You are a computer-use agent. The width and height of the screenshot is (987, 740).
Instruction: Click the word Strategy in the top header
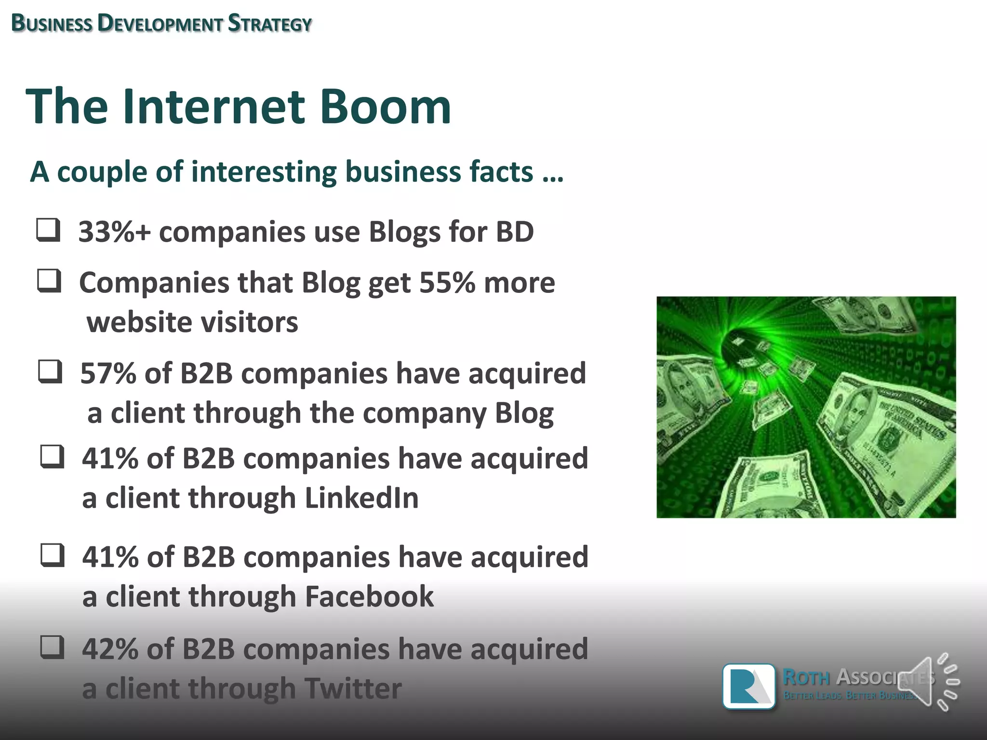click(x=270, y=24)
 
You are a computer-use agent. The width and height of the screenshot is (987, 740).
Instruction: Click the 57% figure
click(x=108, y=373)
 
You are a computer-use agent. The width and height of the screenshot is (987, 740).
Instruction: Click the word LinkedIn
click(x=361, y=498)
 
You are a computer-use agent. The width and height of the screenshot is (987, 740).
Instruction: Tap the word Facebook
click(x=369, y=596)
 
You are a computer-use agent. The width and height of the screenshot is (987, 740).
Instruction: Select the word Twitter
click(x=353, y=688)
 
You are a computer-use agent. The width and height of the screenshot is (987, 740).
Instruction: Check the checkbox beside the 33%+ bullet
click(x=49, y=230)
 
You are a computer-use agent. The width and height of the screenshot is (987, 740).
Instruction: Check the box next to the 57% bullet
click(x=50, y=372)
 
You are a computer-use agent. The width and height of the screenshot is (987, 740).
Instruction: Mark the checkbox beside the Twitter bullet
click(x=52, y=647)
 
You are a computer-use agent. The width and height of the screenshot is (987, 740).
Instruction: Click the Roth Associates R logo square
click(x=748, y=686)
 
